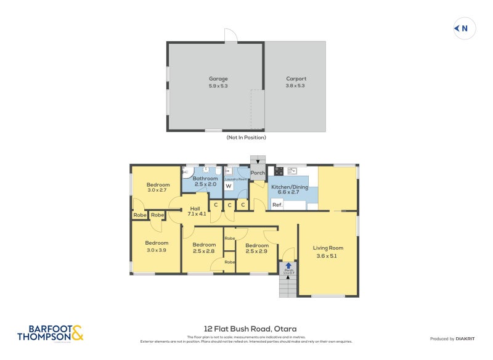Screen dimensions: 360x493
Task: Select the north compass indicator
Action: [x=464, y=28]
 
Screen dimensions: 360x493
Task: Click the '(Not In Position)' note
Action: [x=246, y=137]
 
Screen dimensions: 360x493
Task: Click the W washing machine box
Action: [x=228, y=186]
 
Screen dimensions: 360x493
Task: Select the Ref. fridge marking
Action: [x=277, y=205]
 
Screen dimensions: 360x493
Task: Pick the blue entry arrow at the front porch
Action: [x=288, y=265]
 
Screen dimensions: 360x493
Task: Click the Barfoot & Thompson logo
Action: [x=51, y=333]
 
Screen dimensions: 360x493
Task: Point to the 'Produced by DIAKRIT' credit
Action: [x=455, y=339]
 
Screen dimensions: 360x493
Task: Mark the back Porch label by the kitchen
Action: [x=258, y=173]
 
